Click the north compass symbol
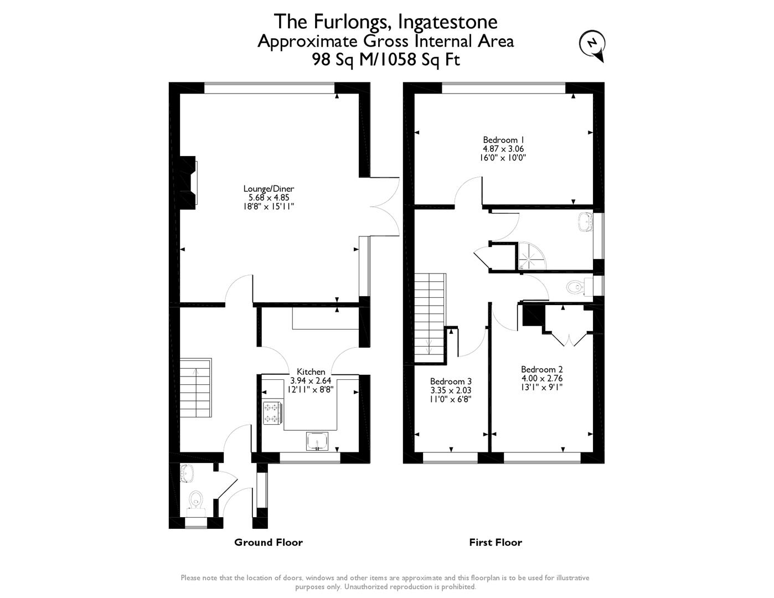[x=592, y=44]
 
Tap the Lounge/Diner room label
[x=269, y=189]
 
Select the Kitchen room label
[x=311, y=372]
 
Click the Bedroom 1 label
[x=503, y=140]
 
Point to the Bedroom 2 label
[x=541, y=369]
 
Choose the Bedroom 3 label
[x=451, y=382]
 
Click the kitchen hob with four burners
[x=272, y=413]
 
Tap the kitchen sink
[x=318, y=441]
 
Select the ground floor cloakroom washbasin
[x=187, y=473]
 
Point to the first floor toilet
[x=575, y=287]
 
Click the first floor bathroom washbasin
[x=585, y=223]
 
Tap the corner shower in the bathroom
[x=532, y=256]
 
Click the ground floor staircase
[x=195, y=388]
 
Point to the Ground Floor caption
[x=269, y=542]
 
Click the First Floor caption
[x=496, y=542]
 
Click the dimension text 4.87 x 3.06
[x=503, y=149]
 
